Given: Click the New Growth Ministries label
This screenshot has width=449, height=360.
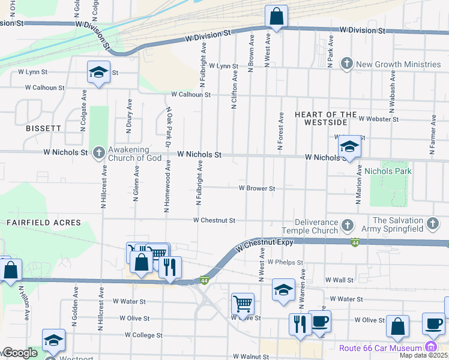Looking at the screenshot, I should point(398,64).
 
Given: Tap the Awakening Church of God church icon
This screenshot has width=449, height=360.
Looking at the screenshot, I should point(100,152).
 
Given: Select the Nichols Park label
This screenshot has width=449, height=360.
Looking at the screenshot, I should point(388,171).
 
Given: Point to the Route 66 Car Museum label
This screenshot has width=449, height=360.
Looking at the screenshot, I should point(380,348).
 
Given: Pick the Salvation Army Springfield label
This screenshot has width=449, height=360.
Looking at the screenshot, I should point(398,225).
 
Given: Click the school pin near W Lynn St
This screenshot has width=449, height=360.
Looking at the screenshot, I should point(98,73).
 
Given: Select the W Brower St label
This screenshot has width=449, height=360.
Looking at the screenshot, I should point(256,188).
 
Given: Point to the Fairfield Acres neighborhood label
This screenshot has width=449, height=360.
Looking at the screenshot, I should point(44,223).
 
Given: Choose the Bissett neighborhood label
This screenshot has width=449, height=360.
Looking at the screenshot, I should point(43,128).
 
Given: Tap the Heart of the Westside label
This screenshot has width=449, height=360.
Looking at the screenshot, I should point(321,118).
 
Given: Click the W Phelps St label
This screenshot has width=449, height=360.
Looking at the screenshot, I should point(285,263).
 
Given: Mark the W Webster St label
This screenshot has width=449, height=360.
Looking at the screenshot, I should point(379,119).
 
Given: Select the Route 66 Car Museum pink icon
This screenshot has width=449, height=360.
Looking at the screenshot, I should point(430,347).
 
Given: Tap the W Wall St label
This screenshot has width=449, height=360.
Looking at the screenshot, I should point(339,280).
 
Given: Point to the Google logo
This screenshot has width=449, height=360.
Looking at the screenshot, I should point(19,353).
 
